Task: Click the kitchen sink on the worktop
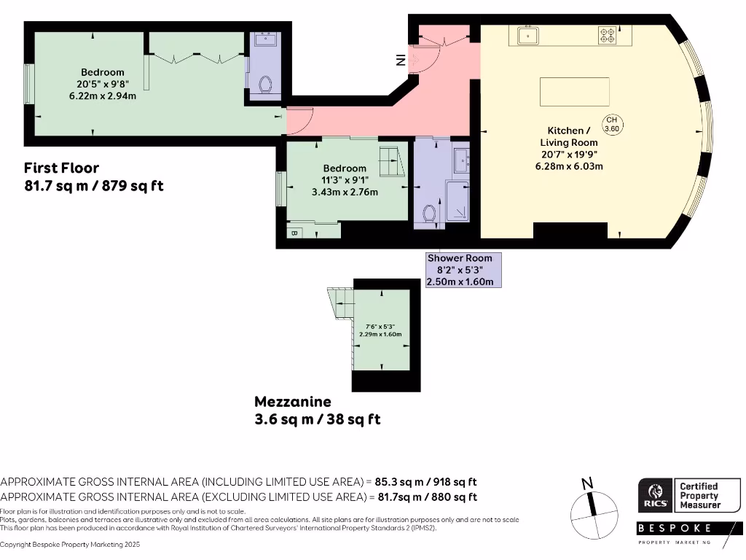pyautogui.click(x=527, y=34)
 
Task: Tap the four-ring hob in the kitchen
pyautogui.click(x=608, y=34)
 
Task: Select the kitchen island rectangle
pyautogui.click(x=575, y=92)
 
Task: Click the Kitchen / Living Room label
pyautogui.click(x=569, y=137)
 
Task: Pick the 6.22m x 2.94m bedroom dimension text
pyautogui.click(x=102, y=96)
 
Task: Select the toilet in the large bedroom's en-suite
pyautogui.click(x=267, y=85)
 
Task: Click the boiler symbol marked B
pyautogui.click(x=294, y=233)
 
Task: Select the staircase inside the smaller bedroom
pyautogui.click(x=390, y=160)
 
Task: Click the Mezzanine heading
pyautogui.click(x=293, y=402)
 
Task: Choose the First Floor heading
pyautogui.click(x=61, y=168)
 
